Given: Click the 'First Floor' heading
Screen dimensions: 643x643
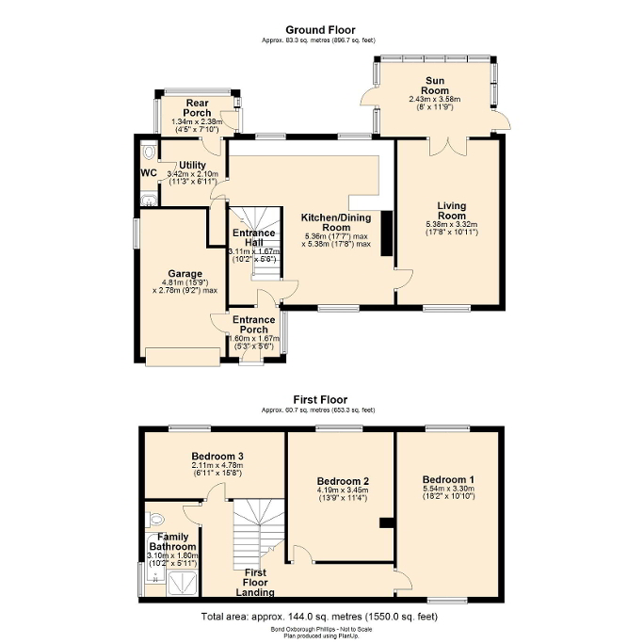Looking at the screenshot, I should [x=321, y=398].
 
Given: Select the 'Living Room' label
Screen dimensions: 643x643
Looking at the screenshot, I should [x=452, y=210].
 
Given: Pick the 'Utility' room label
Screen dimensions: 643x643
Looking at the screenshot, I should [x=192, y=166].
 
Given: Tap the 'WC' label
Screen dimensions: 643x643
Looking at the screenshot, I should [x=148, y=173].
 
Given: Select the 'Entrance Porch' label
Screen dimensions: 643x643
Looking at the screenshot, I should [x=255, y=325].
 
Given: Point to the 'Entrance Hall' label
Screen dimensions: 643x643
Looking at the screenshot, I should [x=254, y=238].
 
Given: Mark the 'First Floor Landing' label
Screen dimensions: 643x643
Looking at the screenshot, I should [x=255, y=582].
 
